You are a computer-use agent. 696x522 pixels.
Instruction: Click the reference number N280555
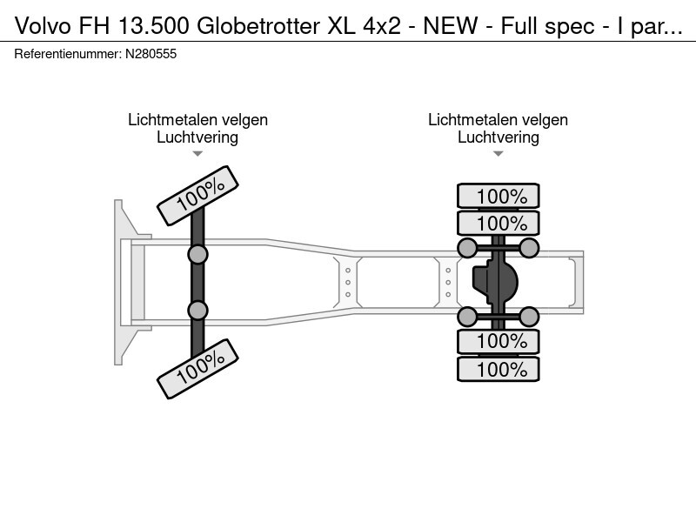151,54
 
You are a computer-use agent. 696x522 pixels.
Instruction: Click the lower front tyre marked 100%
198,368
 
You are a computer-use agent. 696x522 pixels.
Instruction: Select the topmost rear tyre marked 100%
499,197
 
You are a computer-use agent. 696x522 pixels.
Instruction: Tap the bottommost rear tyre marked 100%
499,369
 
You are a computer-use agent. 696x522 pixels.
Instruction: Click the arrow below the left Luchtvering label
197,154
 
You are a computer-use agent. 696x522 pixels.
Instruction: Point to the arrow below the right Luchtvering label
498,154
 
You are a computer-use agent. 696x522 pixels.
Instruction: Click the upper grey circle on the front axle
198,254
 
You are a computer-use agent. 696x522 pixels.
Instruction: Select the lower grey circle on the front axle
198,310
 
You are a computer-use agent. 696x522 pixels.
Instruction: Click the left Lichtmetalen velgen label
197,120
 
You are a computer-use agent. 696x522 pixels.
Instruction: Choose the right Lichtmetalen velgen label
498,120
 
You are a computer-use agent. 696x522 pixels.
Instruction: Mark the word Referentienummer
65,54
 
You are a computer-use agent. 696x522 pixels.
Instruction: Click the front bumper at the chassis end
122,282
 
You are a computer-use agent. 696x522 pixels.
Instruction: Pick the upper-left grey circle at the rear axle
467,248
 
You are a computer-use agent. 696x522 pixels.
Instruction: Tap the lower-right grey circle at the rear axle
530,315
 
